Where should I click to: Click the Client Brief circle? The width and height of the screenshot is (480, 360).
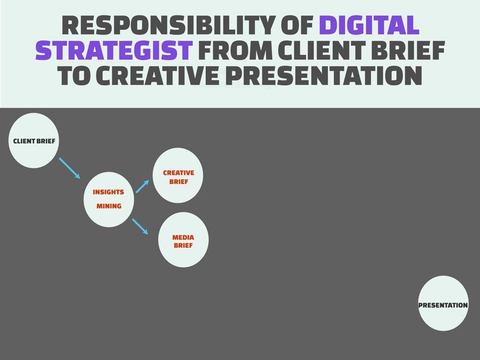coord(33,141)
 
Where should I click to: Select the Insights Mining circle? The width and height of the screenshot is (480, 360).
coord(109,199)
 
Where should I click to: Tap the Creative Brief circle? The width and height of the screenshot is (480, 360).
coord(178,176)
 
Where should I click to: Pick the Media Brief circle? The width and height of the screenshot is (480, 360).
coord(183,240)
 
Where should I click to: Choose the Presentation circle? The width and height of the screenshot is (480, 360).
coord(443,303)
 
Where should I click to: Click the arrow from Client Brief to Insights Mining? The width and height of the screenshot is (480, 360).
coord(69,168)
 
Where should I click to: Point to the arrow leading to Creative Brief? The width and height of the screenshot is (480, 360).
coord(142,187)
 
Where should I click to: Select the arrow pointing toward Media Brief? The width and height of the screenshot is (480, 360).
coord(140,226)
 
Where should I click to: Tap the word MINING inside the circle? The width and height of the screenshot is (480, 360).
coord(109,206)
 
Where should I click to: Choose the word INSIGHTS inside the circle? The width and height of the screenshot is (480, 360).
coord(108,192)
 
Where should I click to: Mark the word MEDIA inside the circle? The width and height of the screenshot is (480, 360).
coord(183,237)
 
